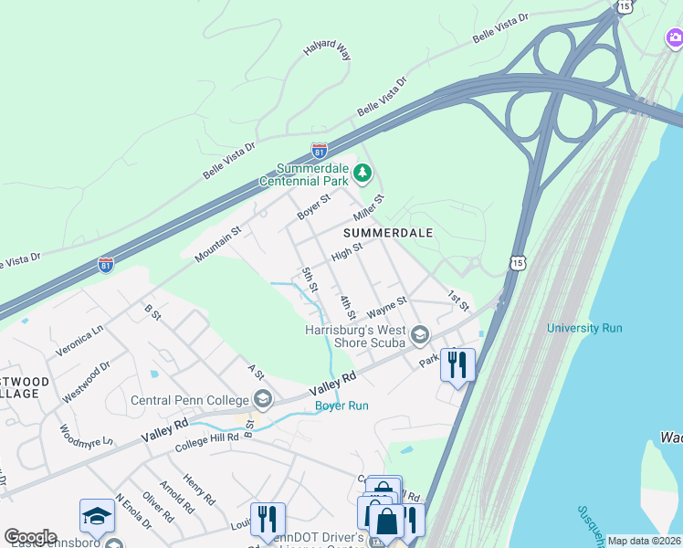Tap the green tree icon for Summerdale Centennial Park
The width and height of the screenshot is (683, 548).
click(363, 172)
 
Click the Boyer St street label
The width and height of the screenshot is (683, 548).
click(313, 206)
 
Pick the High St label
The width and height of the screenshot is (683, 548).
click(347, 250)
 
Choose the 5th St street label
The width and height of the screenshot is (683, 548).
click(309, 279)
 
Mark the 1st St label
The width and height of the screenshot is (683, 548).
click(457, 299)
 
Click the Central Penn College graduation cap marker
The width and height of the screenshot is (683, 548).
click(262, 398)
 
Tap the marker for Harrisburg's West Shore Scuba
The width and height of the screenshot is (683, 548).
click(419, 333)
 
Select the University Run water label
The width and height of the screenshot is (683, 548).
click(584, 328)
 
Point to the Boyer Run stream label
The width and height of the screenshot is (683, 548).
click(341, 406)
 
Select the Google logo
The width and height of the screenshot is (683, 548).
click(30, 537)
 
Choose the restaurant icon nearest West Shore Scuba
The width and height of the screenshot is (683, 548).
click(457, 364)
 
